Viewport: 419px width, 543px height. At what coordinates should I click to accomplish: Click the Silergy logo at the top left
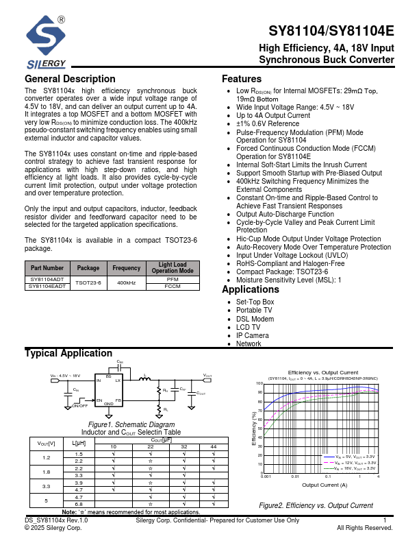(46, 43)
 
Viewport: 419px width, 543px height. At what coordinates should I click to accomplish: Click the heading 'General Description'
(70, 79)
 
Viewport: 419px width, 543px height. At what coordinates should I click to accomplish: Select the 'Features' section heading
(242, 79)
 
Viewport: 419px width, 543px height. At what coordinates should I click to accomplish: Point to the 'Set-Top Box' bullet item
(255, 302)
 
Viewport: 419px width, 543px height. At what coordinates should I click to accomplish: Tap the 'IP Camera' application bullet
(252, 335)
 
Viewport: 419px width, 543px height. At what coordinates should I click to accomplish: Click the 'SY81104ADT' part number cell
(47, 280)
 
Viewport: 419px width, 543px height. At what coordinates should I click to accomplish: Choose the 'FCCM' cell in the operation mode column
(173, 287)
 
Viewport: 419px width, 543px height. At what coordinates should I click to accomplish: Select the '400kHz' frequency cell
(127, 283)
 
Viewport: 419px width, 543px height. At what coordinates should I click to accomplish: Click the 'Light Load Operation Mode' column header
(173, 268)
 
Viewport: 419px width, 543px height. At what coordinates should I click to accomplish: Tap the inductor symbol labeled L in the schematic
(145, 380)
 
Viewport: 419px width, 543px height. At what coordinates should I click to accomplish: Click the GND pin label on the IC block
(109, 404)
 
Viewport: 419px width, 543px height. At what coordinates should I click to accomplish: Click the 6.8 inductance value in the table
(79, 504)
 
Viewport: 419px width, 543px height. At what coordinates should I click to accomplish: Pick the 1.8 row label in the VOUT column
(47, 472)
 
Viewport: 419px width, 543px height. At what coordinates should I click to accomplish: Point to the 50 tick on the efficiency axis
(259, 428)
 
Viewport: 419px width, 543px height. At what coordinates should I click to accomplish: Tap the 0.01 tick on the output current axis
(295, 476)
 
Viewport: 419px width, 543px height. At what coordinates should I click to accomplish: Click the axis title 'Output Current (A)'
(325, 485)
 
